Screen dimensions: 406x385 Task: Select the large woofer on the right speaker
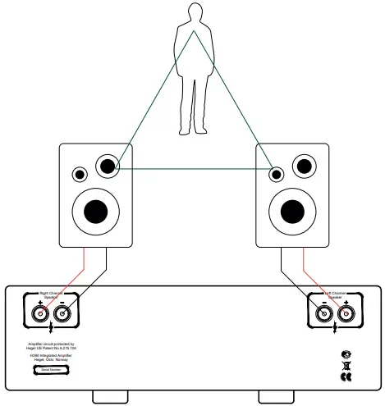(x=291, y=210)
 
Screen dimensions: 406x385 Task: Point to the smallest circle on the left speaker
(x=80, y=174)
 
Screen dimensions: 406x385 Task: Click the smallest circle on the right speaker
(x=277, y=174)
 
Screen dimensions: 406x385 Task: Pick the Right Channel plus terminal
(x=39, y=312)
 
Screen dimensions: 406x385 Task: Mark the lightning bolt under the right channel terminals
(x=51, y=329)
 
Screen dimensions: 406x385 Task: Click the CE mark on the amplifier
(x=346, y=378)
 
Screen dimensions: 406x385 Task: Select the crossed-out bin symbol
(x=346, y=366)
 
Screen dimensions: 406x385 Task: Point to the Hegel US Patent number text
(x=51, y=348)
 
